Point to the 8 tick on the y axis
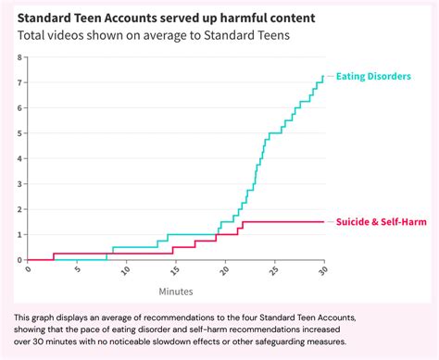tap(19, 57)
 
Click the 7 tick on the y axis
tap(19, 82)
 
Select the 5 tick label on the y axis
tap(19, 133)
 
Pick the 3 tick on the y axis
tap(19, 183)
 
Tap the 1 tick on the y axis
tap(19, 234)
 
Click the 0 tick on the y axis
tap(19, 259)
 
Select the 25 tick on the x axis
tap(274, 270)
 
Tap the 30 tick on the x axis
tap(323, 270)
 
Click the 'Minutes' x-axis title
tap(176, 291)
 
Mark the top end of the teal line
tap(323, 76)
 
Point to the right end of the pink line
tap(323, 221)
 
